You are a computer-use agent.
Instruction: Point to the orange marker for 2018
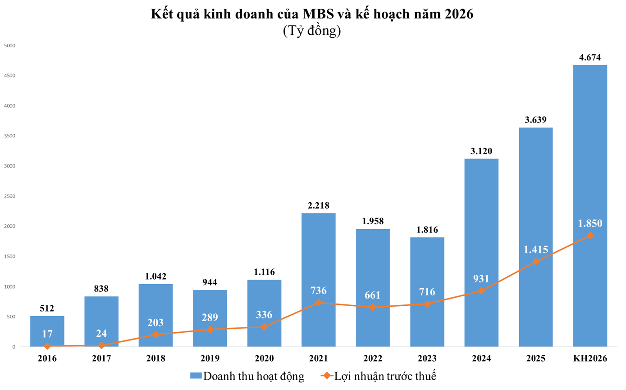pos(156,335)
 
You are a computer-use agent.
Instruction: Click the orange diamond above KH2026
pos(590,236)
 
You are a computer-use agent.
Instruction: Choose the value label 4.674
pos(590,57)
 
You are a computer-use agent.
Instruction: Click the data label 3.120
pos(481,151)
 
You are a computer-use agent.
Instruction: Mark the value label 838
pos(101,289)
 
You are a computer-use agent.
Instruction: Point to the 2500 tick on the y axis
pos(9,196)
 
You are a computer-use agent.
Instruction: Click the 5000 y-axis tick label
pos(9,45)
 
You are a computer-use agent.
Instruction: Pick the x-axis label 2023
pos(427,358)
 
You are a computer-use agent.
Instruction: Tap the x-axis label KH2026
pos(590,358)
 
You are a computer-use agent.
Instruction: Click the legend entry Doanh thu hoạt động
pos(247,376)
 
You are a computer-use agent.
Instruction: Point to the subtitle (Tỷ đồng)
pos(312,31)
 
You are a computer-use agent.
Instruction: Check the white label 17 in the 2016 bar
pos(47,334)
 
